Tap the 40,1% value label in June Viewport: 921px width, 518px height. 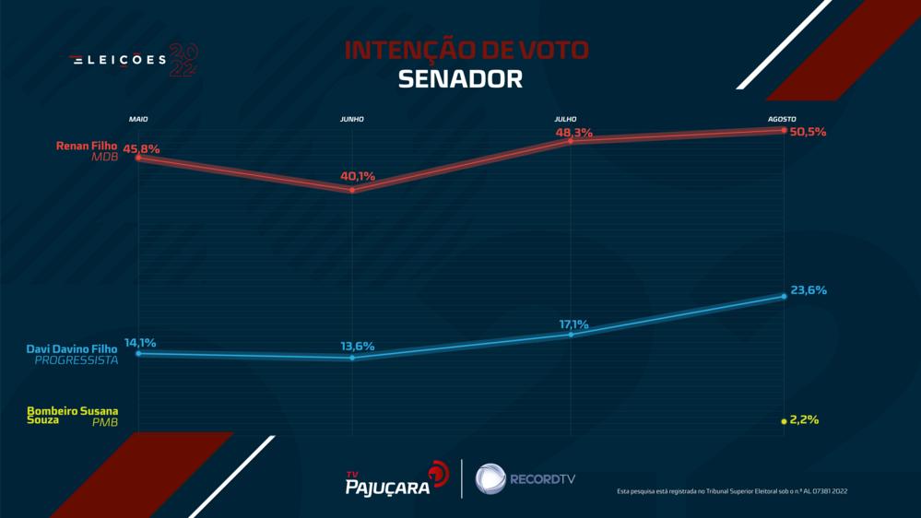tap(358, 176)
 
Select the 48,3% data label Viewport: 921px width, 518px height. tap(574, 133)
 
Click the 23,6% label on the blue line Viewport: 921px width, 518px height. tap(808, 289)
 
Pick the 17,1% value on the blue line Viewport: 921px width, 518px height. tap(573, 324)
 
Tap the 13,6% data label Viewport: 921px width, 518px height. tap(358, 346)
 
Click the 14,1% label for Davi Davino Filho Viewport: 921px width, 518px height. tap(140, 343)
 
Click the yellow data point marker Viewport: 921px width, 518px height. tap(783, 420)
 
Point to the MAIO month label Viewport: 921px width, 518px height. tap(138, 119)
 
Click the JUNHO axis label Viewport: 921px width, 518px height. tap(352, 119)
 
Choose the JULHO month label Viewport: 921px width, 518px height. tap(566, 119)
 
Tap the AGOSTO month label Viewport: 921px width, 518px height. tap(782, 119)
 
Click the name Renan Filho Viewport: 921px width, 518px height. tap(91, 146)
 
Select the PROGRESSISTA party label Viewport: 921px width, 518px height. tap(77, 360)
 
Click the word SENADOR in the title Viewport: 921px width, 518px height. tap(460, 79)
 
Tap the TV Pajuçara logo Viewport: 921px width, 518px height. tap(391, 478)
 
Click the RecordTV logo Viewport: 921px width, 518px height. tap(525, 478)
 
